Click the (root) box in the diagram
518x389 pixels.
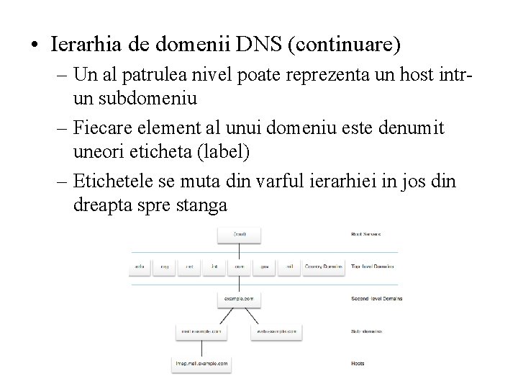tap(239, 234)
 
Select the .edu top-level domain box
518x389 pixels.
tap(140, 267)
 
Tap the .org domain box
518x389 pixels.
tap(164, 267)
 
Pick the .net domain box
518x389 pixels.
tap(189, 267)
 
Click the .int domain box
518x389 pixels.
tap(214, 267)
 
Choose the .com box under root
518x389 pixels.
tap(240, 267)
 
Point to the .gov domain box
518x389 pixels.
tap(265, 267)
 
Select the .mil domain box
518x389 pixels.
tap(289, 267)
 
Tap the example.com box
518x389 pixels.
tap(239, 298)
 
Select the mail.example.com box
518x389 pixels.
tap(200, 332)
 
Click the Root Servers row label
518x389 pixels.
tap(366, 234)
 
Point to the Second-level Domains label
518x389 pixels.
tap(376, 298)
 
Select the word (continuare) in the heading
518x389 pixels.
tap(344, 45)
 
